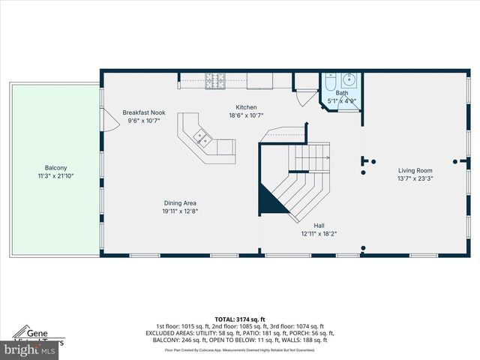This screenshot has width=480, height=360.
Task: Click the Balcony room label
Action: coord(55,168)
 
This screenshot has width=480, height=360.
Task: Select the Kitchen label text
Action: coord(247,107)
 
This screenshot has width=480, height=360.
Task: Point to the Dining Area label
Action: coord(181,202)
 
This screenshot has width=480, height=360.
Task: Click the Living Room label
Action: coord(415,170)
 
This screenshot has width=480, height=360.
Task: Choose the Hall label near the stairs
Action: coord(319,225)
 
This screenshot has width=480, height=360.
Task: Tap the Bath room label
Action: coord(341,93)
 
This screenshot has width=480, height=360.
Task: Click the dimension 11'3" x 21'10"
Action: coord(55,176)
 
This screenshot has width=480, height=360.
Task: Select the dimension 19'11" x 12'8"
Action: coord(181,211)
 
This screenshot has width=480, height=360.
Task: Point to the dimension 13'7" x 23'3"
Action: coord(415,178)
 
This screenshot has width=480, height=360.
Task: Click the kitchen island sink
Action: coord(202,136)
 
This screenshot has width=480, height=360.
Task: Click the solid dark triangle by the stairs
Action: coord(268,199)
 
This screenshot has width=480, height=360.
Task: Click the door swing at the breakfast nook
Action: coord(109,119)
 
